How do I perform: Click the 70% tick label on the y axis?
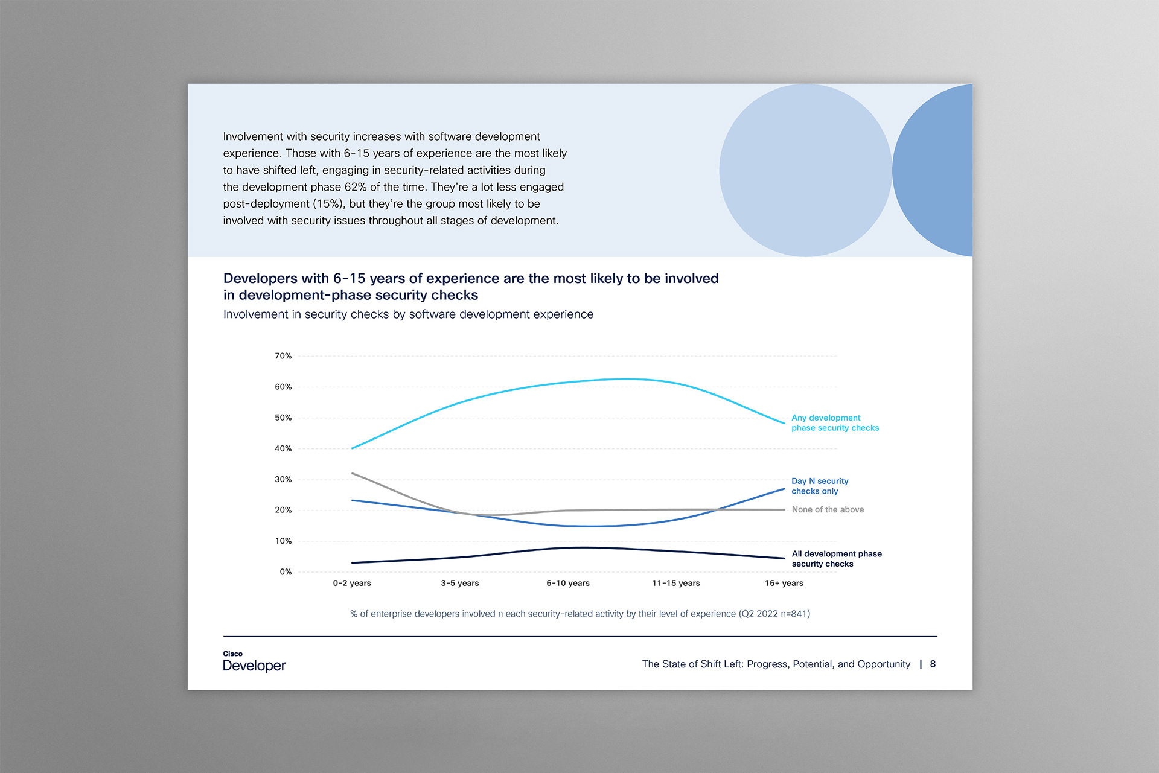pos(283,356)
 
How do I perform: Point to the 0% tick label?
pos(286,571)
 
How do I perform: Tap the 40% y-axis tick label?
pos(283,448)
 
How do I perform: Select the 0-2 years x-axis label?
pos(352,583)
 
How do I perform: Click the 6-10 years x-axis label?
pos(568,583)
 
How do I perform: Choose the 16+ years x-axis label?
pos(784,583)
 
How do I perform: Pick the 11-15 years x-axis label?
pos(676,583)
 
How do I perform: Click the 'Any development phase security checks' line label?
pos(835,422)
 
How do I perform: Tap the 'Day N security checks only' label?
pos(820,486)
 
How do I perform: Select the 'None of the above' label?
pos(828,509)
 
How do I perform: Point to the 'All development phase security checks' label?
pos(837,559)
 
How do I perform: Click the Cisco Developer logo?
pos(254,661)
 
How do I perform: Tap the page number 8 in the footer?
pos(933,664)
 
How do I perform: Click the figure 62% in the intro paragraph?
pos(356,187)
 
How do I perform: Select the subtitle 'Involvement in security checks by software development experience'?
pos(408,314)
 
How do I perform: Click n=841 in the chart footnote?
pos(795,614)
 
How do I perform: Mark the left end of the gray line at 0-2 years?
pos(352,474)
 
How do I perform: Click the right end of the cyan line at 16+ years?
pos(784,423)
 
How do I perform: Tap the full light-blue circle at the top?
pos(805,170)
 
